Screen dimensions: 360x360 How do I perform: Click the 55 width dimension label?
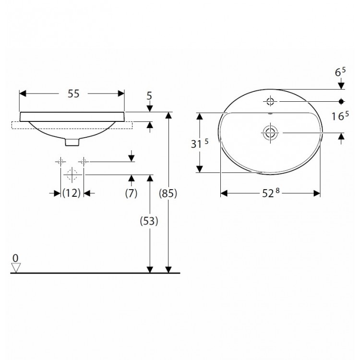pyautogui.click(x=73, y=94)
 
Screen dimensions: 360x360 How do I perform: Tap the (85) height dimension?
pyautogui.click(x=168, y=193)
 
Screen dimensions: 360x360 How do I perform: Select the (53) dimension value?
pyautogui.click(x=149, y=221)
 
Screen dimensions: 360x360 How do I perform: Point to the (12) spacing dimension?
pyautogui.click(x=72, y=193)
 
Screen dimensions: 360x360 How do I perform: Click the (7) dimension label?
pyautogui.click(x=131, y=193)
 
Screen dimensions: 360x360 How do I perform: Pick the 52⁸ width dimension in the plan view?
pyautogui.click(x=271, y=193)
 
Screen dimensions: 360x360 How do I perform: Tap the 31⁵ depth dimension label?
pyautogui.click(x=200, y=144)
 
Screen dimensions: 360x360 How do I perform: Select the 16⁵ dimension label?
pyautogui.click(x=340, y=116)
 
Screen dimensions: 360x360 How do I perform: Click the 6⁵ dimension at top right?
pyautogui.click(x=340, y=72)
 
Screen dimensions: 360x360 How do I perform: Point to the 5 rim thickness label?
pyautogui.click(x=149, y=96)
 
